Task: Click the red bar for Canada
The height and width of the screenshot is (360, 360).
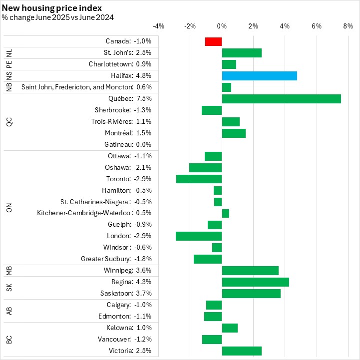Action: pyautogui.click(x=213, y=41)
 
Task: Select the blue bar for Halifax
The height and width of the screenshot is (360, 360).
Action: pyautogui.click(x=259, y=76)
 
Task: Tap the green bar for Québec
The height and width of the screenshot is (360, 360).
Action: pyautogui.click(x=281, y=99)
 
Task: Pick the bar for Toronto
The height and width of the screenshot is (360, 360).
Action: pyautogui.click(x=199, y=179)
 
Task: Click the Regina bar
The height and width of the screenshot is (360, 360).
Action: pyautogui.click(x=255, y=282)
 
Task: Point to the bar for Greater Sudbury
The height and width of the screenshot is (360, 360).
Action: pyautogui.click(x=208, y=259)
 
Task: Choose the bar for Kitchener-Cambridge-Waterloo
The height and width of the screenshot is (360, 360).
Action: pyautogui.click(x=225, y=213)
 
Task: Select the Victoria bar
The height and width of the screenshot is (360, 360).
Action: pyautogui.click(x=242, y=351)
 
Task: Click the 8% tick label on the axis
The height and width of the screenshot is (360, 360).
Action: pyautogui.click(x=348, y=26)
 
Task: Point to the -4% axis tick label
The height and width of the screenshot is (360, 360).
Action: pyautogui.click(x=158, y=26)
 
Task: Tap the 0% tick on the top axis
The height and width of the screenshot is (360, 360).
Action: pyautogui.click(x=222, y=26)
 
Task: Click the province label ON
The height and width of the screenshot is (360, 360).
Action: pyautogui.click(x=9, y=208)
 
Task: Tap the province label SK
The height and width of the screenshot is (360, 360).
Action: pyautogui.click(x=9, y=288)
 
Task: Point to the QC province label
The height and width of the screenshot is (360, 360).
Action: pyautogui.click(x=9, y=122)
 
